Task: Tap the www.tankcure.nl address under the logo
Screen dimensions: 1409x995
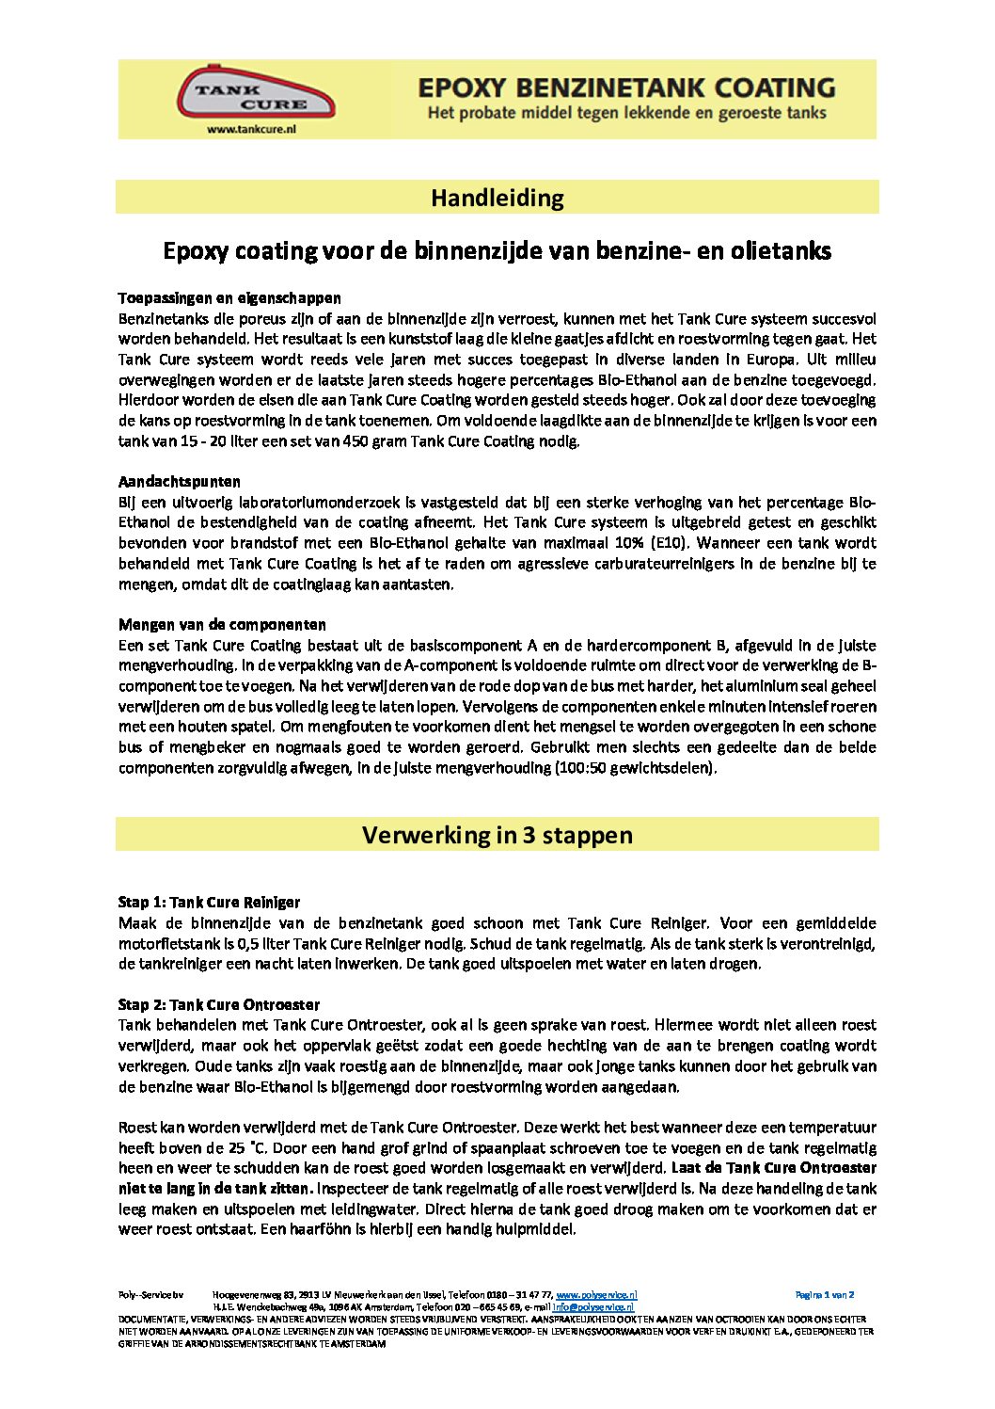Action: pos(251,130)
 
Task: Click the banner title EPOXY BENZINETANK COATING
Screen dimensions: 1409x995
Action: pos(625,88)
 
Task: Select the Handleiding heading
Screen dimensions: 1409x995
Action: pos(497,198)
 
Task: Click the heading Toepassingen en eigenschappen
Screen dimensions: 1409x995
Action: pos(229,298)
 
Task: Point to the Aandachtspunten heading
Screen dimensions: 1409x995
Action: pos(180,482)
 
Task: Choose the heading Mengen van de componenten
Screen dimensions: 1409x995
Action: pos(222,625)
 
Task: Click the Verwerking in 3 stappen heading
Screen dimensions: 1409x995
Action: pos(497,835)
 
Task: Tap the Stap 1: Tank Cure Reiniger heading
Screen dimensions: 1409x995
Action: pos(209,903)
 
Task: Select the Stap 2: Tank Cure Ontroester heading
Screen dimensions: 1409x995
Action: pos(218,1005)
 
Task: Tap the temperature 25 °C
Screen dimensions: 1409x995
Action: pos(243,1148)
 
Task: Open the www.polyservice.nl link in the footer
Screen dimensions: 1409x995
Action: pos(596,1295)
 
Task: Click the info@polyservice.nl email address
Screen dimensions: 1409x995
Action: pos(592,1307)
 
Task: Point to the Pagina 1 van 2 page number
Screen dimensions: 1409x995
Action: pos(825,1295)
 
